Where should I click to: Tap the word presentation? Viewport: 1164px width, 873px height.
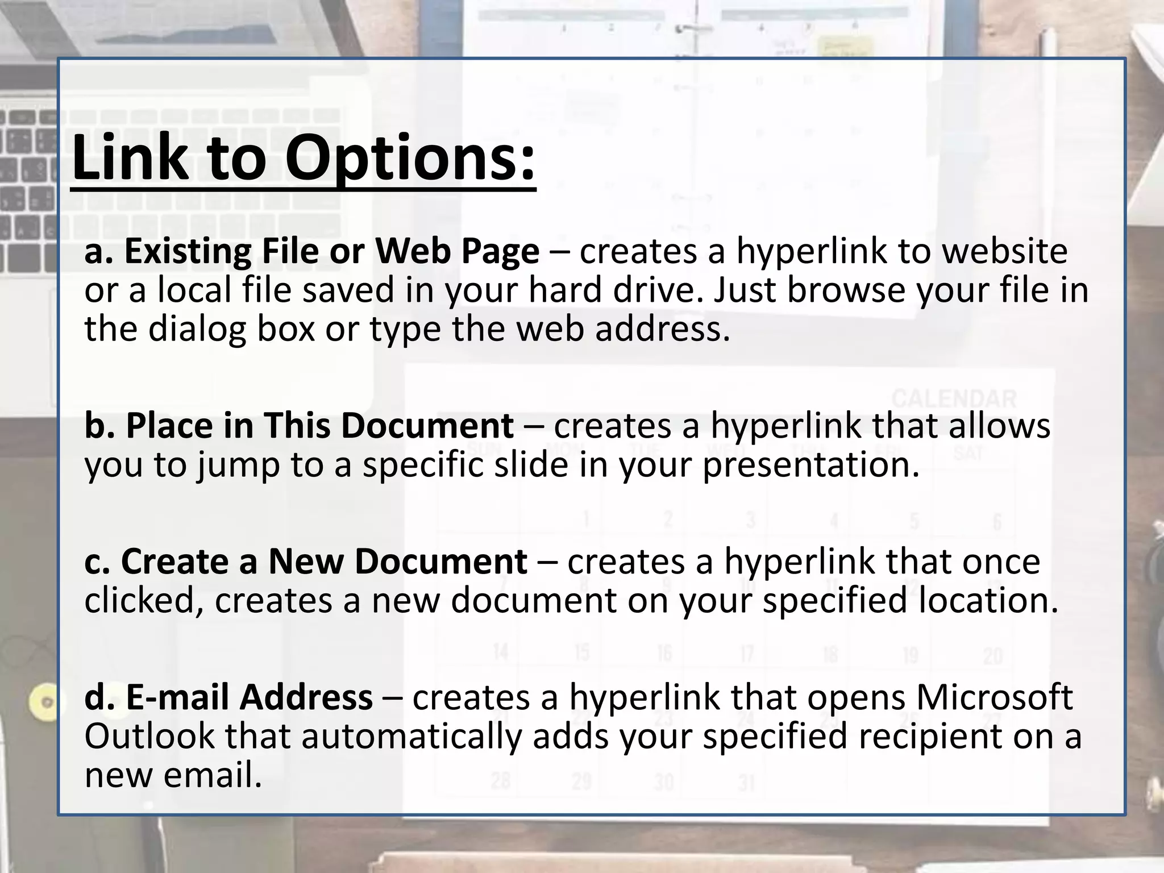(x=809, y=465)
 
